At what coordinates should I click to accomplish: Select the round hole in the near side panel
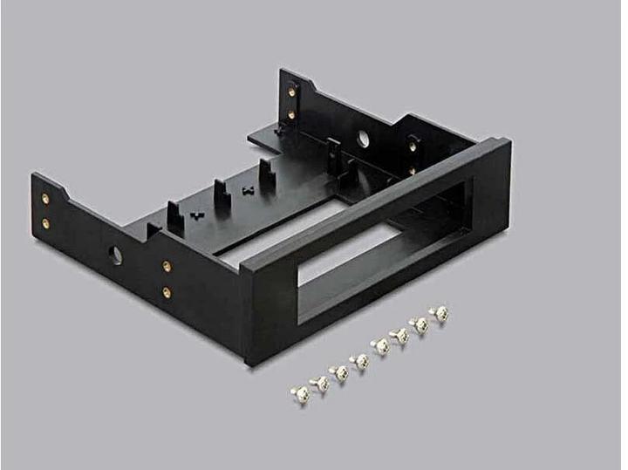pyautogui.click(x=115, y=255)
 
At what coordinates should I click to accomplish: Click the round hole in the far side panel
pyautogui.click(x=363, y=138)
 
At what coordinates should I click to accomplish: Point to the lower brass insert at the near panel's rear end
pyautogui.click(x=45, y=223)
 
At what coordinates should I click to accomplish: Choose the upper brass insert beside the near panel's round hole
pyautogui.click(x=167, y=267)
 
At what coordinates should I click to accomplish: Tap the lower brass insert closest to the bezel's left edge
pyautogui.click(x=167, y=293)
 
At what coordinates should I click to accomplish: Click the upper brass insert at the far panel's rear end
pyautogui.click(x=291, y=89)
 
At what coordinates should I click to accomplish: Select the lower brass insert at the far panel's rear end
pyautogui.click(x=291, y=113)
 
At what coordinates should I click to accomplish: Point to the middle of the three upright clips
pyautogui.click(x=222, y=194)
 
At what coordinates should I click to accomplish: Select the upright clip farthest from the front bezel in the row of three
pyautogui.click(x=266, y=174)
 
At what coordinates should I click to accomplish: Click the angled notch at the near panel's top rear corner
pyautogui.click(x=63, y=184)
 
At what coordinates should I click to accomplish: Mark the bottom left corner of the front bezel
pyautogui.click(x=247, y=361)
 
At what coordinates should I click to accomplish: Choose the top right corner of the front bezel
pyautogui.click(x=509, y=141)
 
